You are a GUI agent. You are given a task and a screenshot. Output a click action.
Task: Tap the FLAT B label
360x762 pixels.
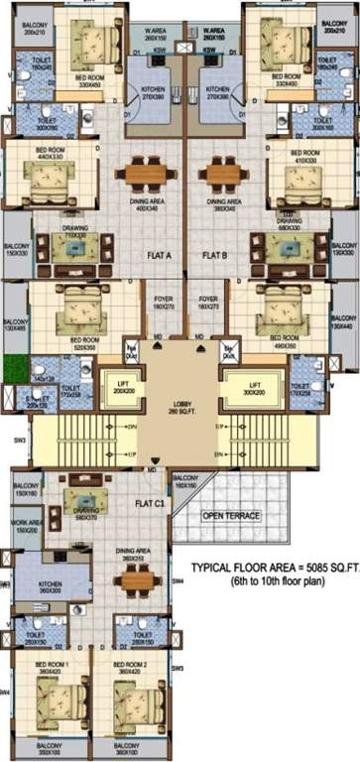[x=217, y=255]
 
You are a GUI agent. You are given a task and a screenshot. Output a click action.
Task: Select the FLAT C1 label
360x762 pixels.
[x=151, y=503]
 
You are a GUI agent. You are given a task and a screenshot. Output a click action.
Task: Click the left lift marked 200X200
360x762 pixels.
[x=123, y=387]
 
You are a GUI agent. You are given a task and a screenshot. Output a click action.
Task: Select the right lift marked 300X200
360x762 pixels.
[x=254, y=387]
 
